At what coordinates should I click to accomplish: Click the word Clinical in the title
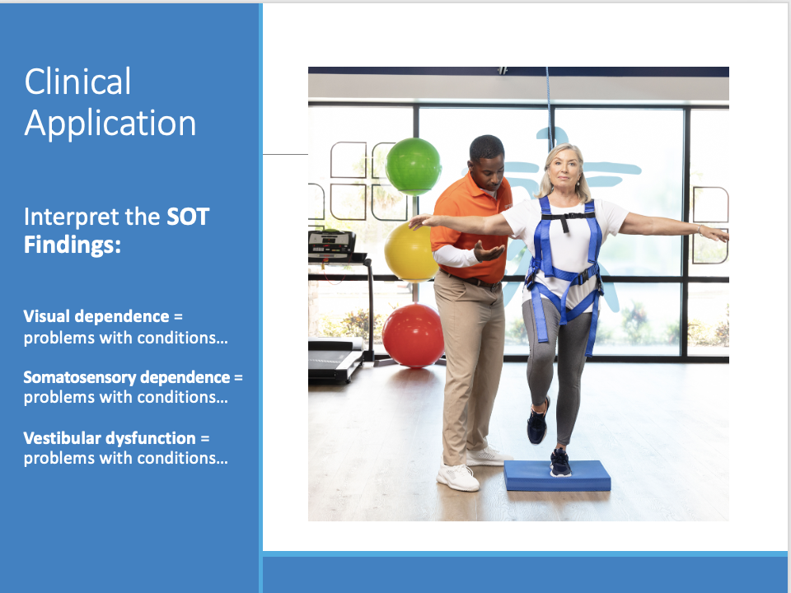[77, 82]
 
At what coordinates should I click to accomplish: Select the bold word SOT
[188, 217]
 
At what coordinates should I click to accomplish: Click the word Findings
[73, 245]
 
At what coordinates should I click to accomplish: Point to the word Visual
[46, 316]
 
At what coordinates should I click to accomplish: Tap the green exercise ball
[414, 166]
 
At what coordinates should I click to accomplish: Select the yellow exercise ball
[410, 252]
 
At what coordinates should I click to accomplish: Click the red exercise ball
[413, 335]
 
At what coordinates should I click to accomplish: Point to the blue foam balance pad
[557, 475]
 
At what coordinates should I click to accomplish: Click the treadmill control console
[331, 243]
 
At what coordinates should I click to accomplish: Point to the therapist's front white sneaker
[458, 477]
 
